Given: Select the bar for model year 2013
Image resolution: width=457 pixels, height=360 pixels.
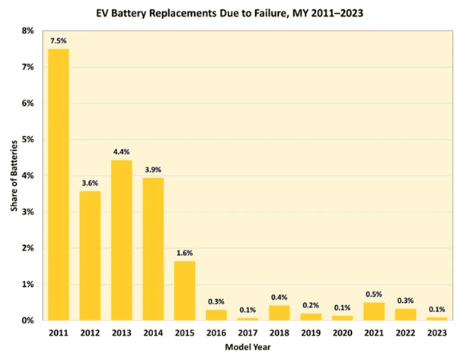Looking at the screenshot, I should (121, 241).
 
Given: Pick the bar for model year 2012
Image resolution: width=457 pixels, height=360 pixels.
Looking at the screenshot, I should (90, 256).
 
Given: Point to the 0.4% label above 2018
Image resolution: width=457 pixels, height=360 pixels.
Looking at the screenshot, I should (280, 298).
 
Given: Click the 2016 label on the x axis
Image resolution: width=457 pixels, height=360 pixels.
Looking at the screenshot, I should (216, 333).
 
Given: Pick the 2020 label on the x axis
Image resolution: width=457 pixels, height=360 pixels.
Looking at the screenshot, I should (343, 333).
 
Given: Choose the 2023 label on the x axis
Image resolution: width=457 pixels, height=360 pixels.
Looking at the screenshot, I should (437, 333).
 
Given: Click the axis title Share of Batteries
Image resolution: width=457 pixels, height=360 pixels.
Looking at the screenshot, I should (11, 175).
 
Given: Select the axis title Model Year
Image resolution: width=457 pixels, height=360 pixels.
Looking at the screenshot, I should (248, 348).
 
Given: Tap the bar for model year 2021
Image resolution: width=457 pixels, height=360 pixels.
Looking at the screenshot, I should (374, 311).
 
